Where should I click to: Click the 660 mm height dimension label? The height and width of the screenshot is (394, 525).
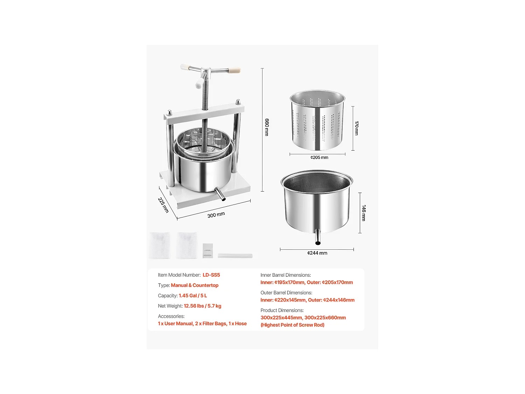point(267,127)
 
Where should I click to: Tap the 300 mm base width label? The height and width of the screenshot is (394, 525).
point(216,215)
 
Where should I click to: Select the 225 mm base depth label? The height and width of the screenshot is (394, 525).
point(163,205)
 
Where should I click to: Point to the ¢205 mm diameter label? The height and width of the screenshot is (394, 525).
point(319,158)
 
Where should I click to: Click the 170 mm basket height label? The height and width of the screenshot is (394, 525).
point(357,128)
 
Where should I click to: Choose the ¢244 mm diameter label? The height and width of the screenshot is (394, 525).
point(317,253)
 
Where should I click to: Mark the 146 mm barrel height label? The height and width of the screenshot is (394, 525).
point(364,213)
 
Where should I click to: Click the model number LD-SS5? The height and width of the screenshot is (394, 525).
point(211,275)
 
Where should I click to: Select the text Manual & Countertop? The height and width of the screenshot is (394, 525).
point(195,285)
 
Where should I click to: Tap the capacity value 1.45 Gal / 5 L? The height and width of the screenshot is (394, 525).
point(193,296)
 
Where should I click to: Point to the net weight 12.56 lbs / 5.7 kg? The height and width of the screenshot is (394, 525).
point(202,306)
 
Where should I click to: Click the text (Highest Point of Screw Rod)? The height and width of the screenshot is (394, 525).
point(292,325)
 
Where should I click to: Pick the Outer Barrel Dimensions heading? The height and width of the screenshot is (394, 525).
point(286,293)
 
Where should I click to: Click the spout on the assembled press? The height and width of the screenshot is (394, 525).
point(220,194)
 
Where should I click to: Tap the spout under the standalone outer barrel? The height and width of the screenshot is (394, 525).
point(318,237)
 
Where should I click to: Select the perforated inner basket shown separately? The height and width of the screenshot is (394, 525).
point(317,121)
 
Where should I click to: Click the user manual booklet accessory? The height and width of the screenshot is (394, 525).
point(208,251)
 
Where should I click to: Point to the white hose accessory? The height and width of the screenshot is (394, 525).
point(235,256)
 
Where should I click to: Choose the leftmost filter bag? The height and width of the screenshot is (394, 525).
point(160,246)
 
